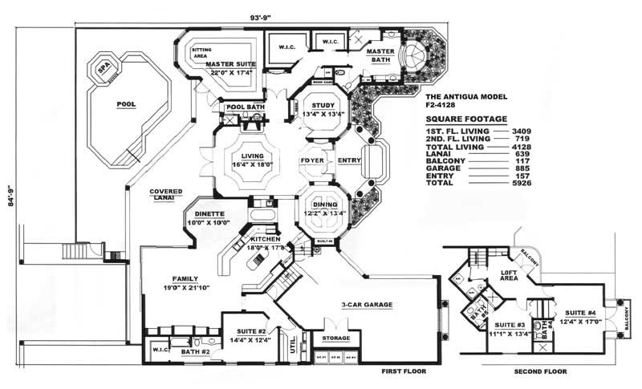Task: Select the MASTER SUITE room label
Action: coord(230,65)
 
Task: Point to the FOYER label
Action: coord(311,160)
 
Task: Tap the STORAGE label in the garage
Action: coord(336,338)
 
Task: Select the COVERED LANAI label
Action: coord(165,195)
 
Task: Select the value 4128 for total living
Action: coord(522,148)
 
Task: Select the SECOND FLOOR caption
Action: coord(538,372)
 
